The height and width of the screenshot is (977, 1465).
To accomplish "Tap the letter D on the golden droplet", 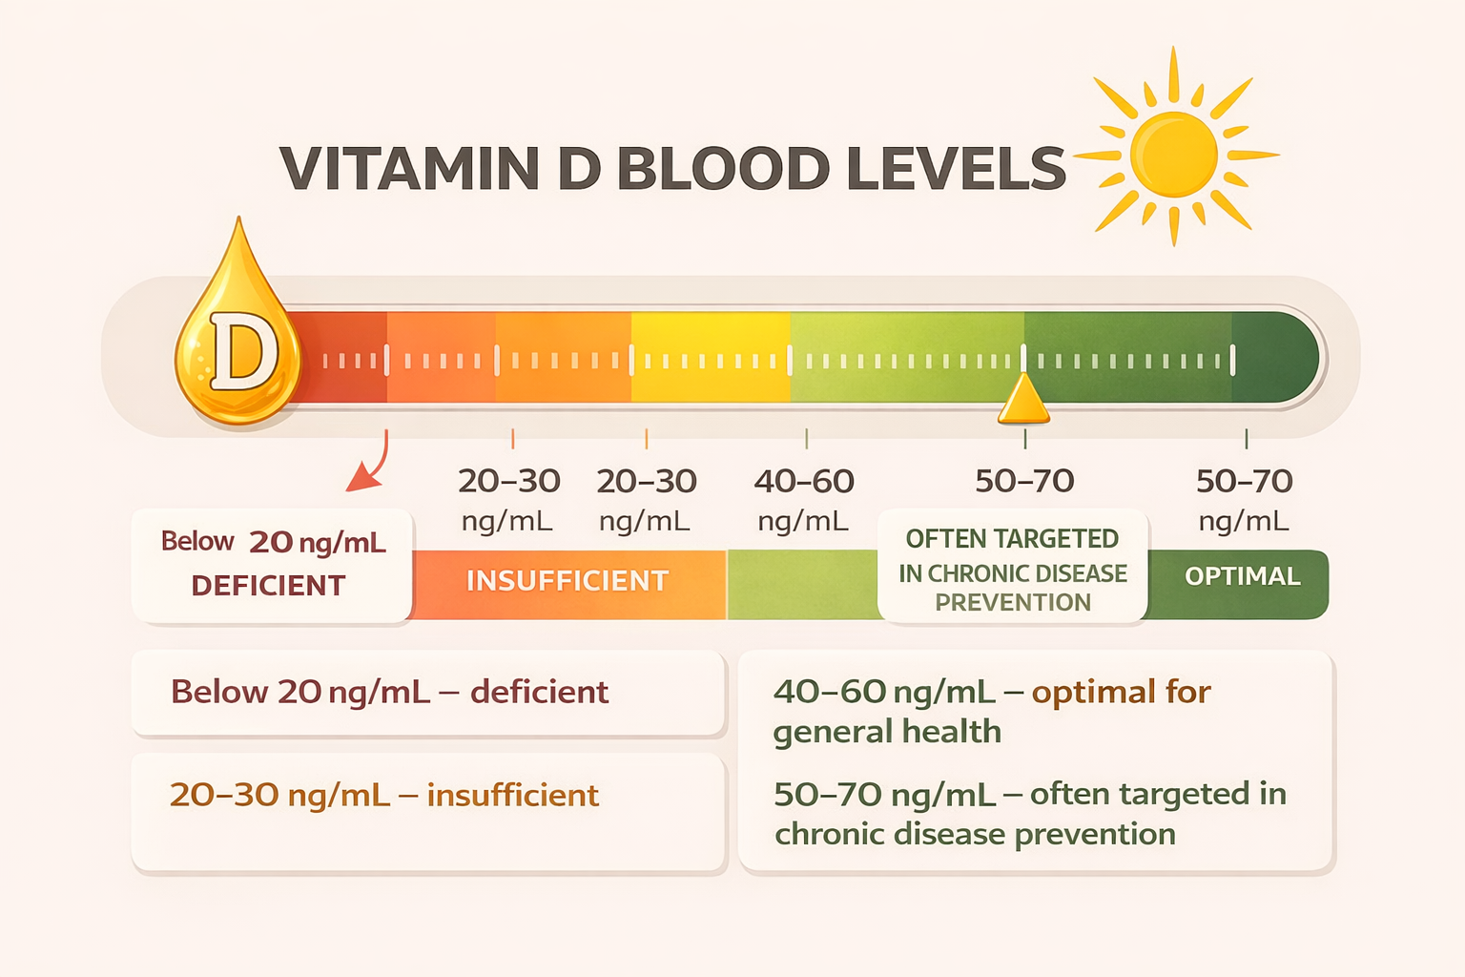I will point(243,351).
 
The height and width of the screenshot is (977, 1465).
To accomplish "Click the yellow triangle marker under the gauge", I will point(1023,401).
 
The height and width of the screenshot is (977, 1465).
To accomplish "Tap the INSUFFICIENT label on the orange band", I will point(567,581).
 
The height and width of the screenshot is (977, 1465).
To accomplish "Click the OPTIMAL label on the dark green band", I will point(1242,576).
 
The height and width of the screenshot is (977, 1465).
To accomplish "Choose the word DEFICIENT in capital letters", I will point(268,586).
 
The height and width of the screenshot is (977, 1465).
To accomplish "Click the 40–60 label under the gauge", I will point(803,482).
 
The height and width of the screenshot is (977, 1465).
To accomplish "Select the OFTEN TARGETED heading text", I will point(1012,539).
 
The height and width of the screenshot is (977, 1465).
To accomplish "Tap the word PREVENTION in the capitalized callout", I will point(1012,603).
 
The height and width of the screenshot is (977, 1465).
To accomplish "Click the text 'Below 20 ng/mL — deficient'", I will point(389,692).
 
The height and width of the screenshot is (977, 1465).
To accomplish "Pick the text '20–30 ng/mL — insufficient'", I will point(383,795).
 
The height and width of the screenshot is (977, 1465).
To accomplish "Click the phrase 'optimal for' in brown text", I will point(1121,692).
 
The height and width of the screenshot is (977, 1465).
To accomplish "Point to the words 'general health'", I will point(887,732).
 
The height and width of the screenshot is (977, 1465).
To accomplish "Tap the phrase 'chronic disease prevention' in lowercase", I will point(974,835).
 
